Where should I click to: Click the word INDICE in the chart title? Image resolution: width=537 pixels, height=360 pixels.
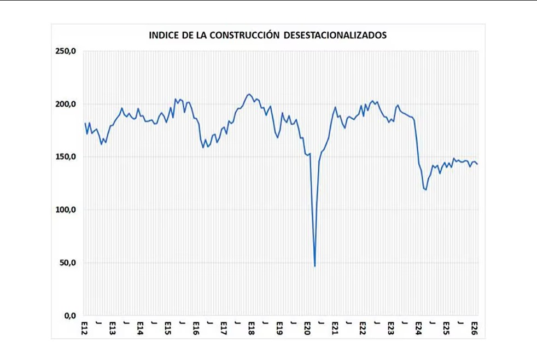pyautogui.click(x=163, y=36)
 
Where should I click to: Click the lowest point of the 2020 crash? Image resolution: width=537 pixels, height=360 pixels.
pyautogui.click(x=315, y=266)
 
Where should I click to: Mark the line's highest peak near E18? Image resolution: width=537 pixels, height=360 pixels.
pyautogui.click(x=249, y=94)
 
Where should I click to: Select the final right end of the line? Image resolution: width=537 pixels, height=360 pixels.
pyautogui.click(x=477, y=164)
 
